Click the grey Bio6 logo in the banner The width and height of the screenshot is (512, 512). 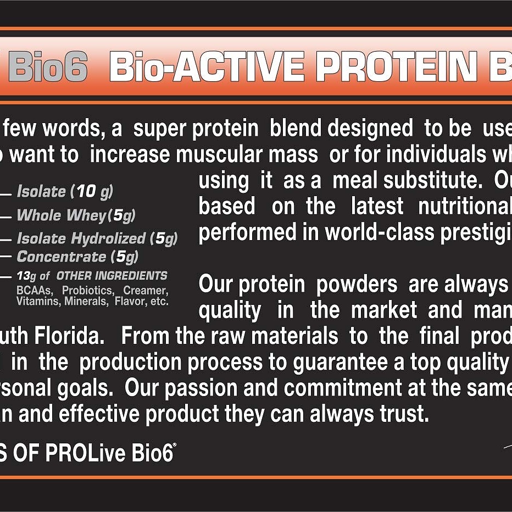48,66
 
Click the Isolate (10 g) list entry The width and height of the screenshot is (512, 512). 65,191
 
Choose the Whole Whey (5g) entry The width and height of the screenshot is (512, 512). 76,215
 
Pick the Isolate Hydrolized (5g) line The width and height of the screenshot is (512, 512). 97,238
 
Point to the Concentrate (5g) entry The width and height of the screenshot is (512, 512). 77,257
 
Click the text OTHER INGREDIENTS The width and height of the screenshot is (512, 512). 112,276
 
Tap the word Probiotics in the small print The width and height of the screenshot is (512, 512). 88,290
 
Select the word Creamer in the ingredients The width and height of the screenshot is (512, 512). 146,290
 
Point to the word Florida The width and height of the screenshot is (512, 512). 69,336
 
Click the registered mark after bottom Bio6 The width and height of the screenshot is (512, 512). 175,445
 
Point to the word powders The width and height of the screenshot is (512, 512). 357,285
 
